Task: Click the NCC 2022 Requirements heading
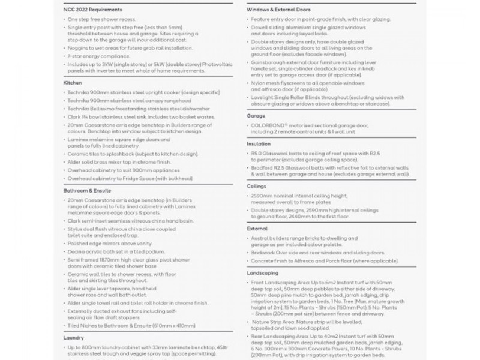click(92, 10)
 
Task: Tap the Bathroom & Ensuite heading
click(88, 190)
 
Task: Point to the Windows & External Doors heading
click(281, 10)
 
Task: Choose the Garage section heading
click(256, 115)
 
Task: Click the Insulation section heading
click(259, 144)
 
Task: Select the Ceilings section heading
click(257, 186)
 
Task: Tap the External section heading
click(257, 229)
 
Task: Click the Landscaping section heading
click(263, 272)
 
